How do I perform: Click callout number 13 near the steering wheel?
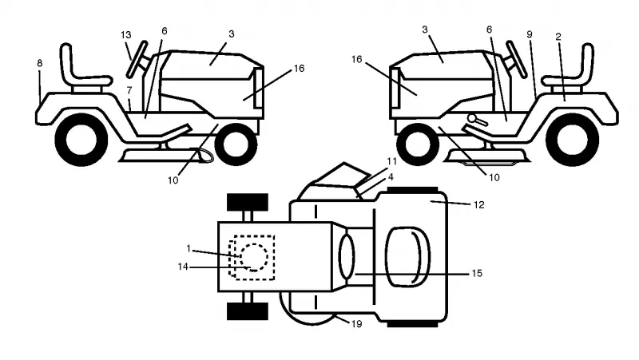click(126, 35)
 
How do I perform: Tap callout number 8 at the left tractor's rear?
click(39, 63)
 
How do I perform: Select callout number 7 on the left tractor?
click(129, 90)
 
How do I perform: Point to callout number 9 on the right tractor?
click(530, 34)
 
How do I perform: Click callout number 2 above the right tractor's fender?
click(558, 37)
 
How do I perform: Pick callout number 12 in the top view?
click(478, 204)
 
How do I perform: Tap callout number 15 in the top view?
click(477, 273)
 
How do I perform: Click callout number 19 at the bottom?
click(356, 324)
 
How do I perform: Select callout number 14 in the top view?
click(183, 267)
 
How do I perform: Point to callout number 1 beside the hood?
click(189, 248)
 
